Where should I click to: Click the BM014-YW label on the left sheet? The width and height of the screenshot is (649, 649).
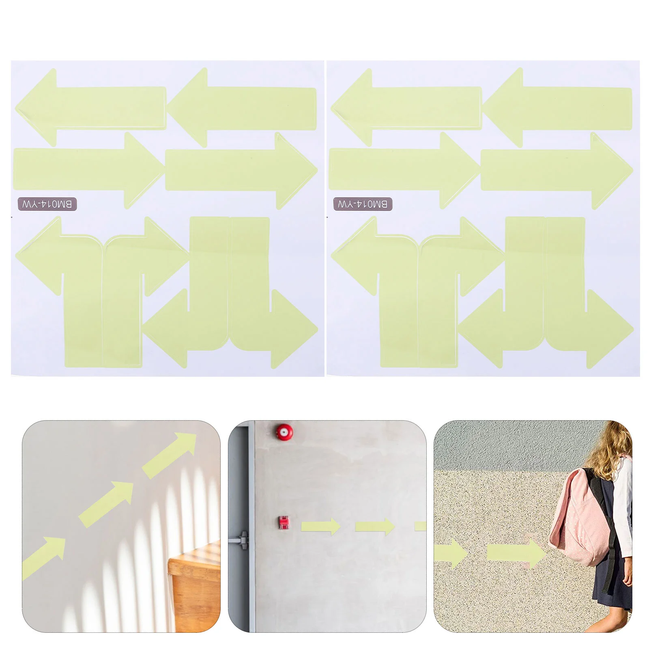tap(47, 204)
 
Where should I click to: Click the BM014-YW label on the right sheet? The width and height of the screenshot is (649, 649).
tap(363, 204)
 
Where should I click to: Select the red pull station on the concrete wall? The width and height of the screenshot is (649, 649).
tap(284, 522)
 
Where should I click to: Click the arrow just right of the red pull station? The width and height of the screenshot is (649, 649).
tap(320, 527)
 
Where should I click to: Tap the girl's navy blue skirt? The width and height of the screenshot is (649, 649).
tap(612, 580)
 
